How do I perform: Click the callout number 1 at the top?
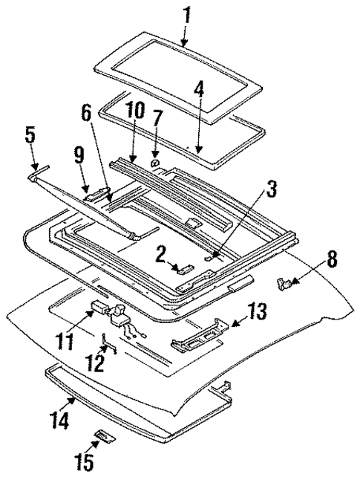pos(186,14)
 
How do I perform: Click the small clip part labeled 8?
pos(284,282)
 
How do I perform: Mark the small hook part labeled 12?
pos(108,346)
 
